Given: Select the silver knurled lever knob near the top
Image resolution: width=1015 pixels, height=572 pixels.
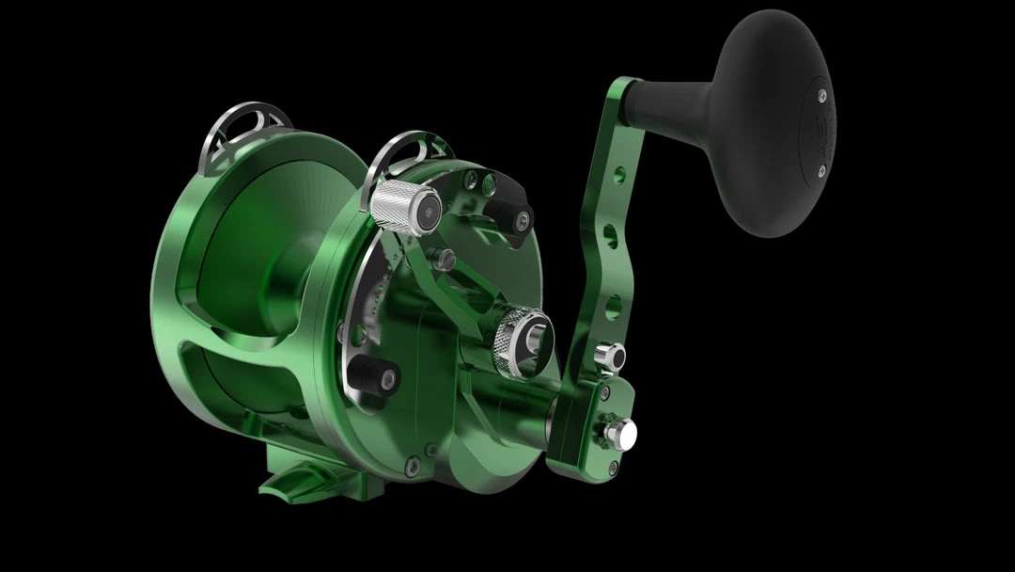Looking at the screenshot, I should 396,203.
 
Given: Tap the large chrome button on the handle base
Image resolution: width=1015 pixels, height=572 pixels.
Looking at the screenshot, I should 621,433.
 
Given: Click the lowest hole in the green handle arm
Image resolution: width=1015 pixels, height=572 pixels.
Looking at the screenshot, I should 612,305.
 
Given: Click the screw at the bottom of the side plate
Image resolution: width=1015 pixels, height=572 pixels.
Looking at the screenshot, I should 405,462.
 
